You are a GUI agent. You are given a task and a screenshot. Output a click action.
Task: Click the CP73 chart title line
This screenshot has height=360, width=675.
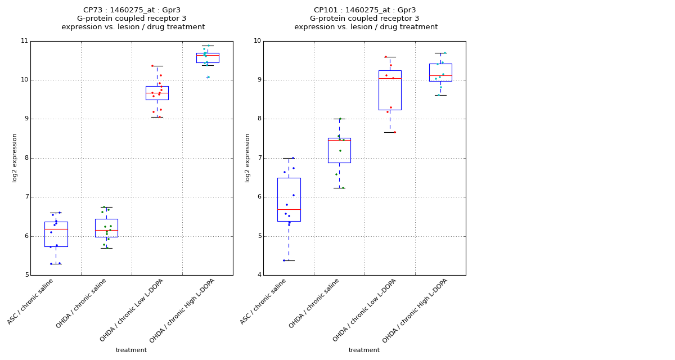tap(133, 10)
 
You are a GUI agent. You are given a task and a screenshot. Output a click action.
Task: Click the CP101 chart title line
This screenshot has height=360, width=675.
tap(365, 10)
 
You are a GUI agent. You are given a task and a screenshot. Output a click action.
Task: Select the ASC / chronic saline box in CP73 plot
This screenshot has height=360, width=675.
tap(56, 234)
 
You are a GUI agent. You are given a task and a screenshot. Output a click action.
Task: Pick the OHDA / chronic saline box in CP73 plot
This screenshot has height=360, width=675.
tap(106, 228)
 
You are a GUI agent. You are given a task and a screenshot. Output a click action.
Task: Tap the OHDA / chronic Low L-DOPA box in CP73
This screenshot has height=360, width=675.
tap(157, 93)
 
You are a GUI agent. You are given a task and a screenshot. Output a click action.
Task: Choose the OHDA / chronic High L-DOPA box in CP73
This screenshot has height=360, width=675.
tap(208, 57)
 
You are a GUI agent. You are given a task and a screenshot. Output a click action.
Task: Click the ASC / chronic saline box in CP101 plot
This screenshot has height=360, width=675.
tap(289, 200)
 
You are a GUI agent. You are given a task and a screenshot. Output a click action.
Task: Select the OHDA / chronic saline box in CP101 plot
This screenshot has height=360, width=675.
tap(339, 150)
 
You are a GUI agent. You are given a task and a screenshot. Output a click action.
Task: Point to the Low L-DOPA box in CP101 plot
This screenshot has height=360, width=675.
tap(390, 90)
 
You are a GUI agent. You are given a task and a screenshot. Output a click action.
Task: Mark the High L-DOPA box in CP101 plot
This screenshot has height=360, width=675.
tap(440, 73)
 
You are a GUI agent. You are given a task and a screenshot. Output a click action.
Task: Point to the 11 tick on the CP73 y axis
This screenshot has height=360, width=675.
tap(24, 41)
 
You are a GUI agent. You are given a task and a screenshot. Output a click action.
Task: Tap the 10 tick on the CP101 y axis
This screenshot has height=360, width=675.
tap(257, 41)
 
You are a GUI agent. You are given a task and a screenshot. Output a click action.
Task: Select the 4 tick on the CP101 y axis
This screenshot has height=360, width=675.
tap(259, 275)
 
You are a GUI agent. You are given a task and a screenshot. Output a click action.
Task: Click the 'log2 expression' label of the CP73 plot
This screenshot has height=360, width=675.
tap(15, 157)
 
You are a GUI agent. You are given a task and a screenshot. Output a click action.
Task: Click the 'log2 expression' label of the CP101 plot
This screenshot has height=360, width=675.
tap(248, 157)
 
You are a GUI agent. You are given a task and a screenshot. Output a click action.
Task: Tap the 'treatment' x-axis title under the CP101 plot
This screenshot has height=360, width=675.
tap(364, 350)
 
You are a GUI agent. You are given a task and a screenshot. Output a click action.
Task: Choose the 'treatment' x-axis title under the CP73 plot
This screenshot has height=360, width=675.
tap(131, 350)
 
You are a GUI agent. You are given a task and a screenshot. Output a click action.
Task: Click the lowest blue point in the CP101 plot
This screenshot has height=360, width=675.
tap(284, 260)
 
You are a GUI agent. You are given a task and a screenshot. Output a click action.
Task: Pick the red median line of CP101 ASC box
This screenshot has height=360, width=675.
tap(289, 209)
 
